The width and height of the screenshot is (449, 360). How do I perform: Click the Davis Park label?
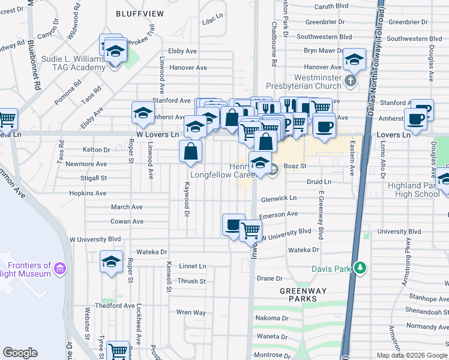pos(331,269)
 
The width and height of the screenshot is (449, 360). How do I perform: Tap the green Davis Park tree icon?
pos(360,267)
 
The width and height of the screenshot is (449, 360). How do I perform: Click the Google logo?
pos(20,353)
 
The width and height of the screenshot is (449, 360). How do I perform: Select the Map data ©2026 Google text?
pos(411,355)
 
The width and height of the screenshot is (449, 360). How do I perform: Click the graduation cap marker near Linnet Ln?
pos(110,262)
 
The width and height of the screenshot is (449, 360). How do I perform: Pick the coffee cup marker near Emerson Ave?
pos(234,225)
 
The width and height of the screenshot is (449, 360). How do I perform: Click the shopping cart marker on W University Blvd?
pos(250,230)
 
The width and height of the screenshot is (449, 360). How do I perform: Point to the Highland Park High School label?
pos(414,190)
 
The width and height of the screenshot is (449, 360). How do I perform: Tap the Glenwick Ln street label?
pos(279,198)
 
